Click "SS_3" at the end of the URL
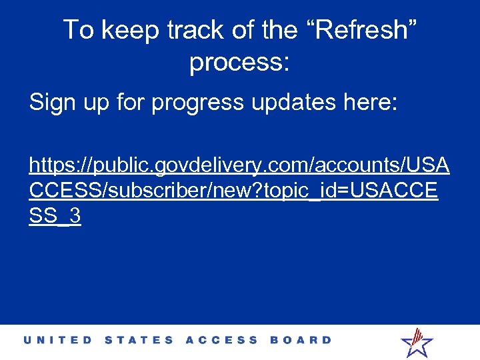click(55, 216)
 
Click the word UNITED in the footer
click(58, 340)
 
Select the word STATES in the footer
click(139, 340)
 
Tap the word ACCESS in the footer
click(221, 340)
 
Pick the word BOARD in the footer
click(301, 340)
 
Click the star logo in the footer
click(417, 342)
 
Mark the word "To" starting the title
click(78, 30)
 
